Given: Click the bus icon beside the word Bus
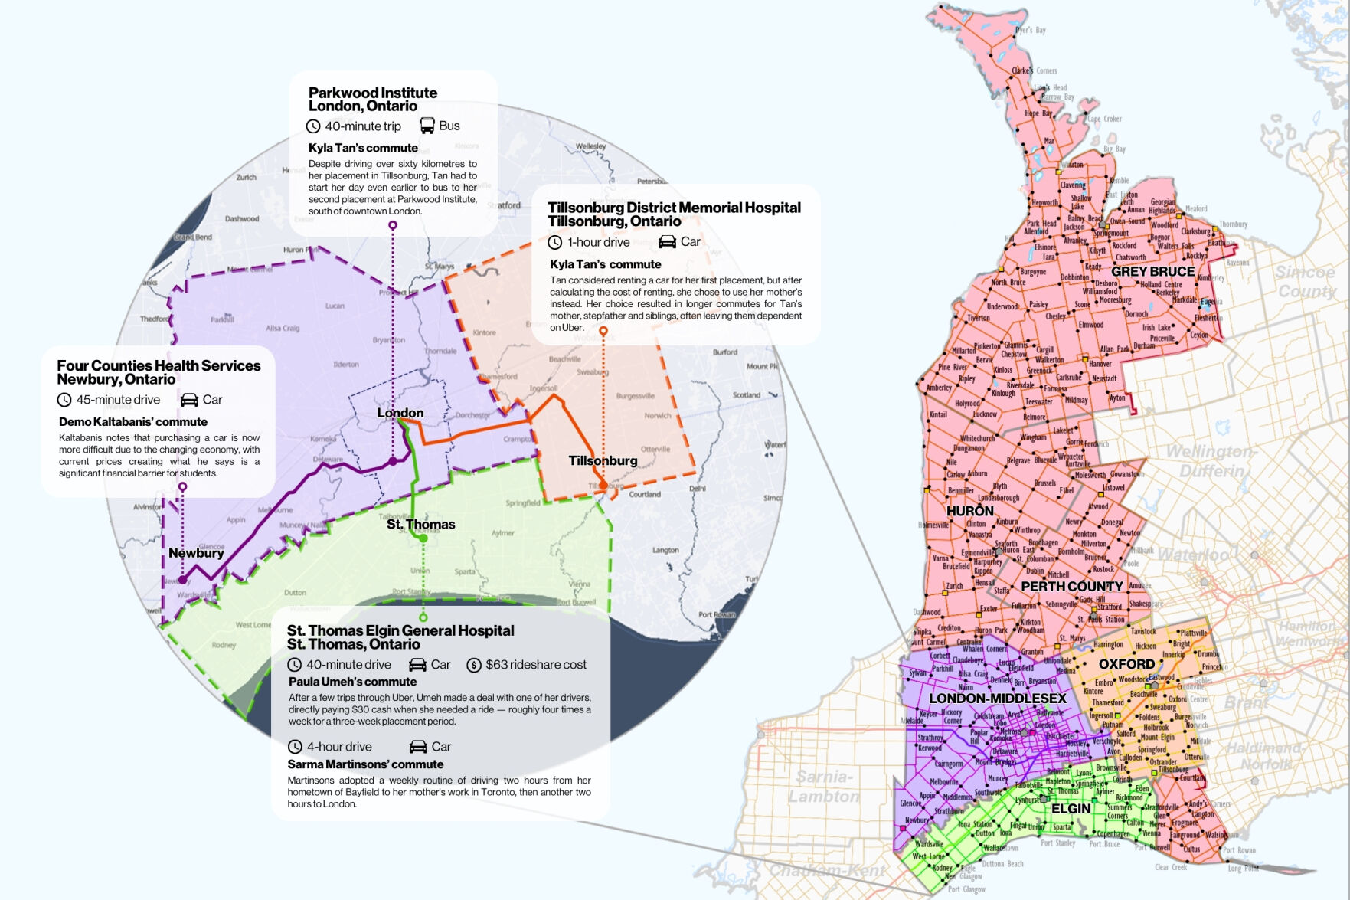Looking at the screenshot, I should pos(427,126).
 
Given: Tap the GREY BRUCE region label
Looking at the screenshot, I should pos(1152,272).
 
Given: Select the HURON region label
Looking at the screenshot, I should pos(969,511).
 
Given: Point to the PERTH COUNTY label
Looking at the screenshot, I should pos(1071,587).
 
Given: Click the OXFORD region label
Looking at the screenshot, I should pos(1126,664).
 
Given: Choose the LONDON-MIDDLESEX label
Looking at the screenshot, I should pos(997,699).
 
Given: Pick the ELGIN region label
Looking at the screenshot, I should pos(1071,809).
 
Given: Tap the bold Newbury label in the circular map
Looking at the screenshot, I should pos(196,553).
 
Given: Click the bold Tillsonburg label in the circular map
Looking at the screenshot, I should pos(603,460).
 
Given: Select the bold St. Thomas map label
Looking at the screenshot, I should pos(420,524).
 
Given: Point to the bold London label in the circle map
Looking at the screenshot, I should pos(400,413).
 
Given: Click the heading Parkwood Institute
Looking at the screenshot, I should pos(373,93).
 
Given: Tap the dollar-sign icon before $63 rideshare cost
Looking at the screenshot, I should pos(473,665).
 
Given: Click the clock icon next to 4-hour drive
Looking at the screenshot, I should pos(295,747).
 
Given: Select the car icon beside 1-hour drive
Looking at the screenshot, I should pos(668,242).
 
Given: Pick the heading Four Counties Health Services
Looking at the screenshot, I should pos(159,366).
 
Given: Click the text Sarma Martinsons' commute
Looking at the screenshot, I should pos(365,764).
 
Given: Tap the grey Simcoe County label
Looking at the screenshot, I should pos(1306,281).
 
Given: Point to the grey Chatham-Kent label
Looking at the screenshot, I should pos(826,871).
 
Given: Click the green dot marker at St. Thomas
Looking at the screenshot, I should pos(423,538).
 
